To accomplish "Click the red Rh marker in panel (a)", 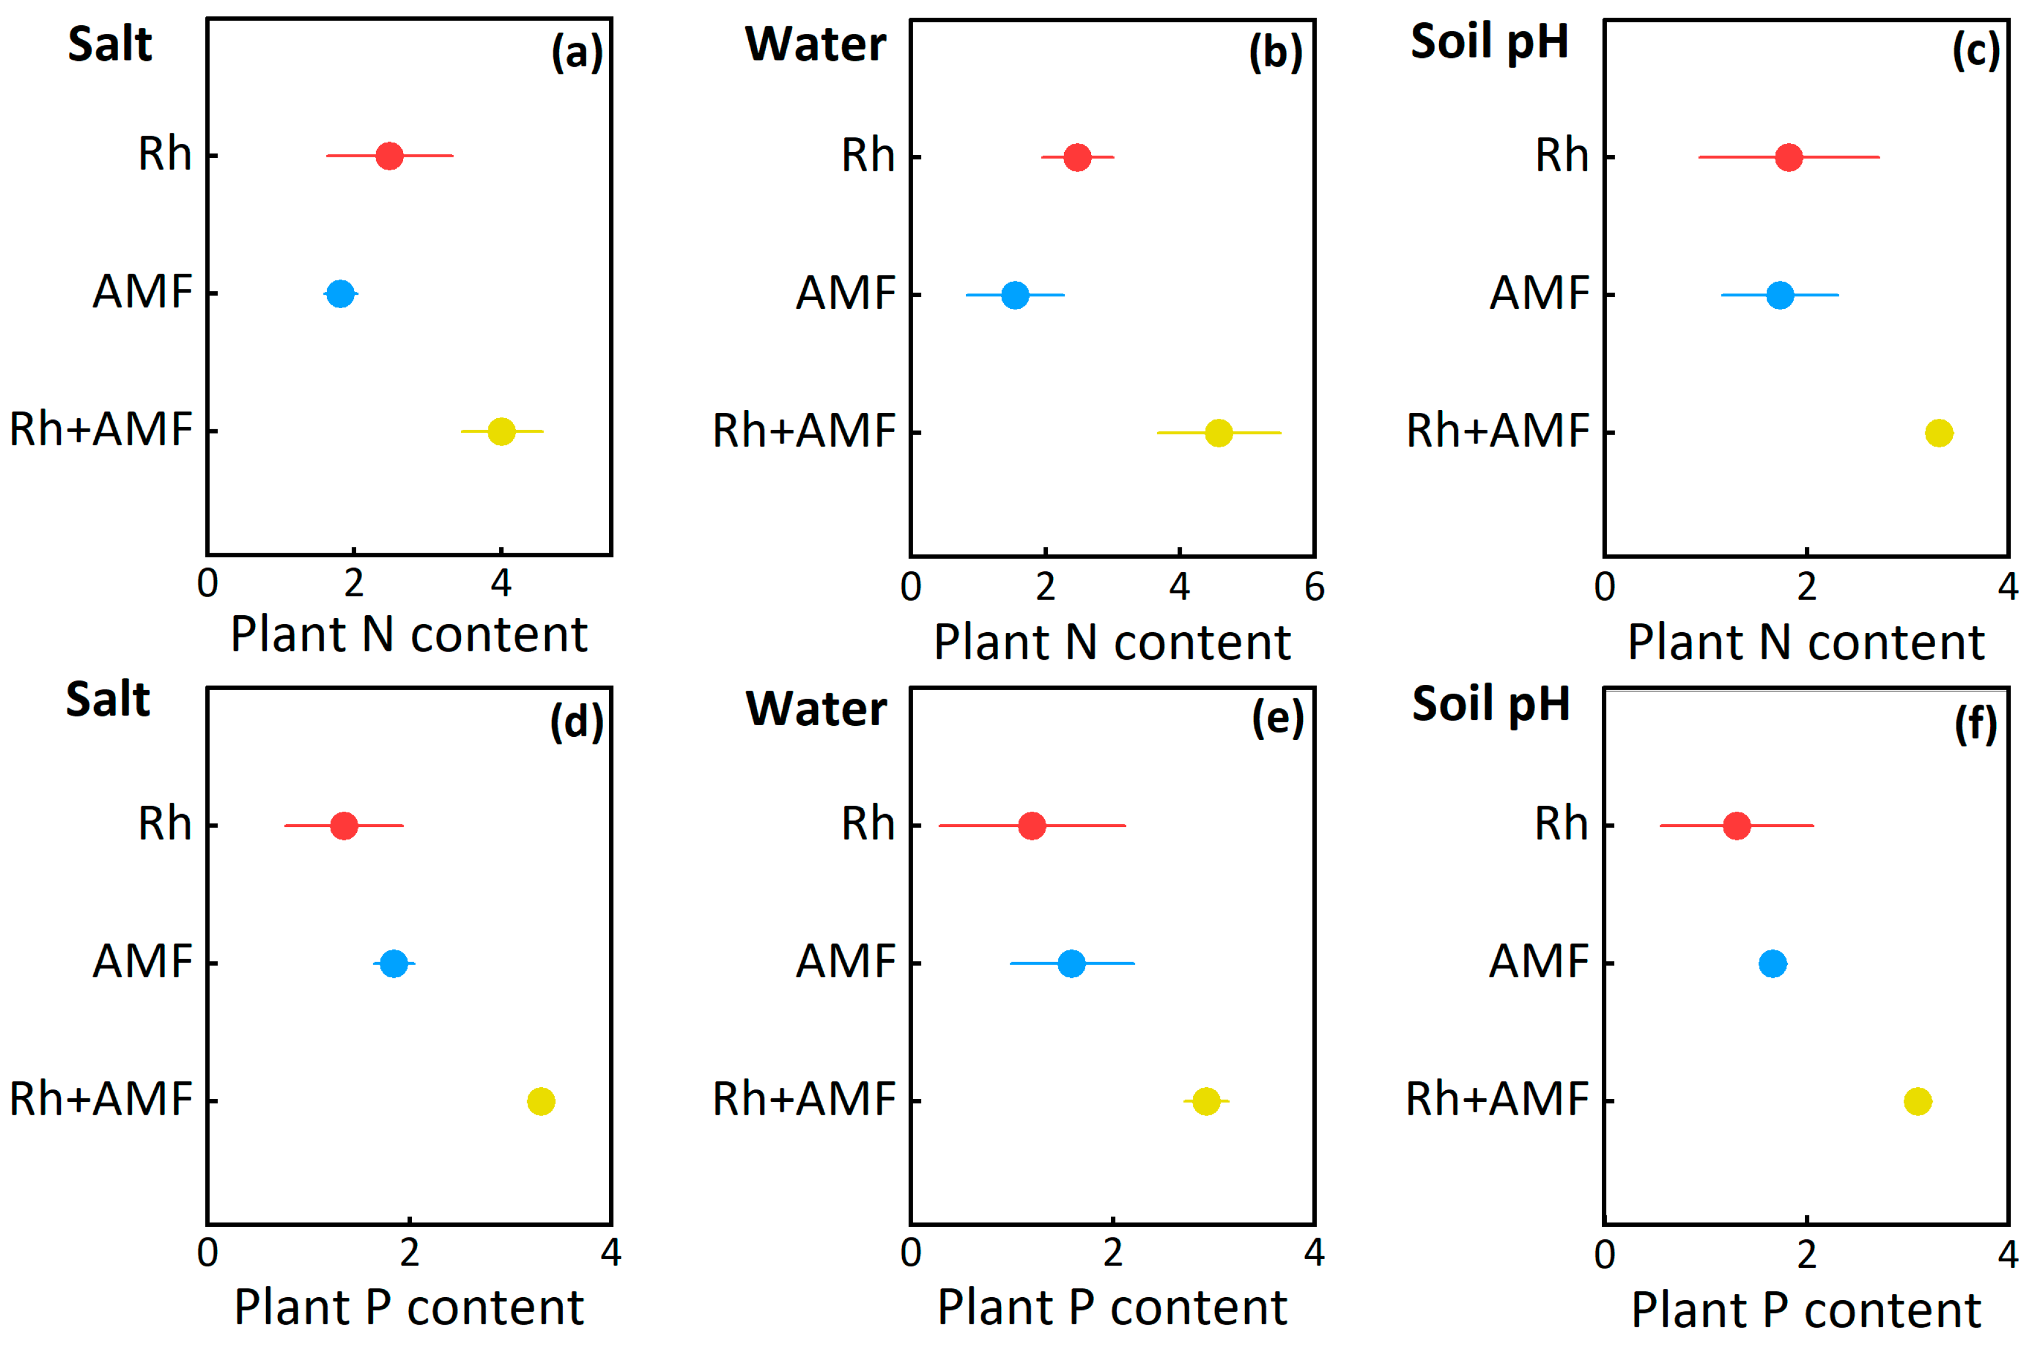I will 390,156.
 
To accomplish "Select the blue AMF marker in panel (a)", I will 341,294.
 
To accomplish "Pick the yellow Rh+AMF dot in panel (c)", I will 1939,433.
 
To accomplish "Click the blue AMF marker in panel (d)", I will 394,963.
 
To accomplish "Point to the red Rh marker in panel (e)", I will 1031,825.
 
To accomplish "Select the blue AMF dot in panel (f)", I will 1773,963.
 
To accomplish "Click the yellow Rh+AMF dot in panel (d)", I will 540,1101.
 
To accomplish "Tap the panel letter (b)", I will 1275,53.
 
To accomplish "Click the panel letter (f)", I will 1975,724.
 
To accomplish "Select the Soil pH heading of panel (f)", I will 1491,704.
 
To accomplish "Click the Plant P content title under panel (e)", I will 1112,1308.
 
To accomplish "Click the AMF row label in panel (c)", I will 1539,293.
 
